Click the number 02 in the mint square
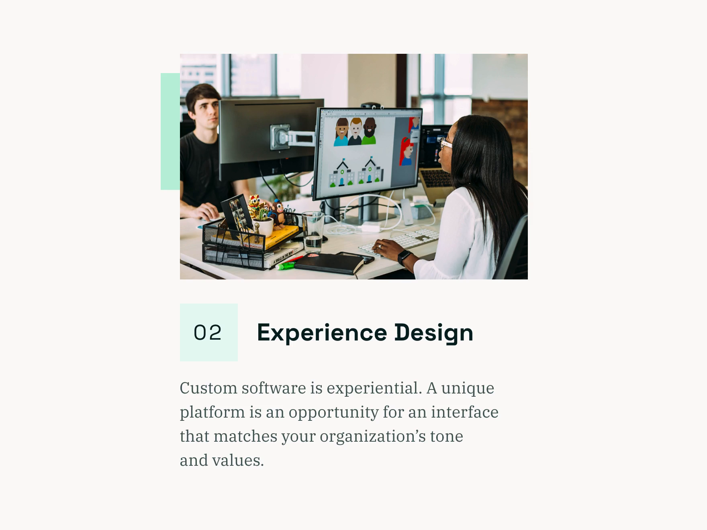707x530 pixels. pyautogui.click(x=208, y=333)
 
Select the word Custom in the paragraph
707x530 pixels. pyautogui.click(x=208, y=388)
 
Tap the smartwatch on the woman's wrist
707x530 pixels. pyautogui.click(x=405, y=257)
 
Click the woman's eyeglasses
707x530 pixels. pyautogui.click(x=445, y=143)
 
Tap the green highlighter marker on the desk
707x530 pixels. pyautogui.click(x=286, y=265)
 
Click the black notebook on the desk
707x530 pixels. pyautogui.click(x=329, y=264)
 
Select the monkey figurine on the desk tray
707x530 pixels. pyautogui.click(x=277, y=213)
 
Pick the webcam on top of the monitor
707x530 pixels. pyautogui.click(x=372, y=106)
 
